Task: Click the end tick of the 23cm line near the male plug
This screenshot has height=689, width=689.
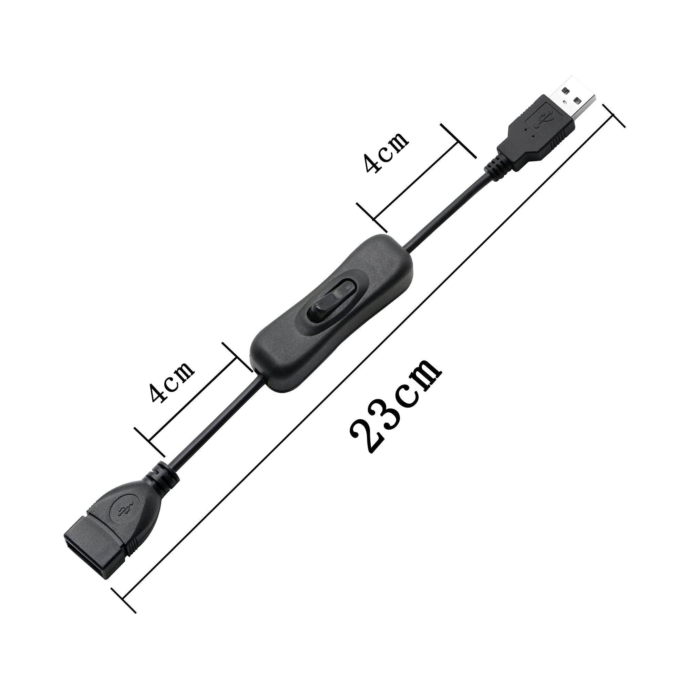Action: coord(614,116)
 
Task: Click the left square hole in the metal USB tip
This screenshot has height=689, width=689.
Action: coord(564,91)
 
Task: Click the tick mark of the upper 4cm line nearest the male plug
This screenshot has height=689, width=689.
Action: coord(458,141)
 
